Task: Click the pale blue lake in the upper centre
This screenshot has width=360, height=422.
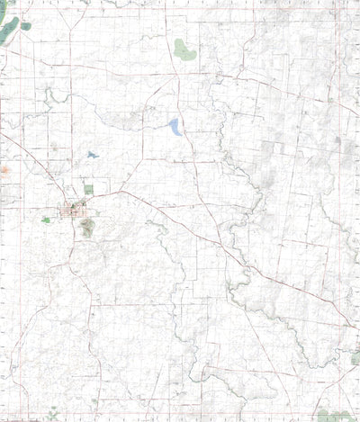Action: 175,127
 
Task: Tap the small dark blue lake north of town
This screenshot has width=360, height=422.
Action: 92,155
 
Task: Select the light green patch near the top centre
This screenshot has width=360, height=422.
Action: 184,50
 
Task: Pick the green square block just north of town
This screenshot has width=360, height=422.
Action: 88,190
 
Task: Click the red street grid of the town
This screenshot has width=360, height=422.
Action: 73,212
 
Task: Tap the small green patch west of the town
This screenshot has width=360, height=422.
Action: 46,220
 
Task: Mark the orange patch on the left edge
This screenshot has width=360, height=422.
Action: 5,168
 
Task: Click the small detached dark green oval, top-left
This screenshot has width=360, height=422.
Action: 26,26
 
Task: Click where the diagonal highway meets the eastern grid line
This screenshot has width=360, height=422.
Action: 346,325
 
